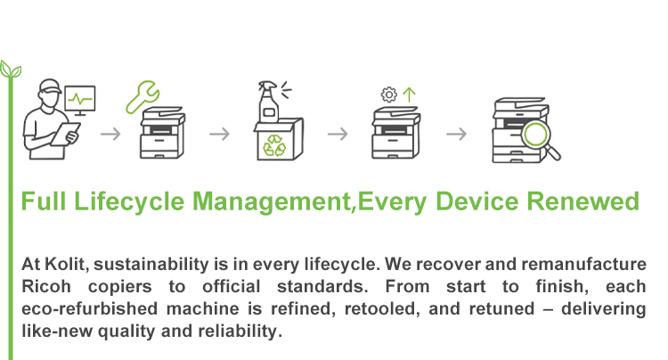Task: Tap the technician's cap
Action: click(50, 86)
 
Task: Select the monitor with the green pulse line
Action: click(80, 100)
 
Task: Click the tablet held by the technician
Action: click(65, 134)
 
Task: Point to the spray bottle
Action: click(268, 102)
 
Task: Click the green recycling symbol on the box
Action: click(274, 145)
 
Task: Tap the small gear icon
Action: click(388, 94)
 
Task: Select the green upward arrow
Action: click(409, 94)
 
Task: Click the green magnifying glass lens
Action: click(536, 135)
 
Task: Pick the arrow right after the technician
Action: click(110, 135)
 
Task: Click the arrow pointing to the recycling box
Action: click(219, 135)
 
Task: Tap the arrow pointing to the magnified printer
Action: click(456, 135)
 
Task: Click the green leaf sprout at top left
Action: click(11, 70)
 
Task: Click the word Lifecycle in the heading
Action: click(129, 202)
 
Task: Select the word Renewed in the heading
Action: click(583, 201)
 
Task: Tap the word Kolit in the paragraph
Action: click(66, 264)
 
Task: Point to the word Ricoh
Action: click(46, 286)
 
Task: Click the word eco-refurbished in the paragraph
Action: click(89, 308)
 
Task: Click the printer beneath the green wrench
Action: click(162, 133)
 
